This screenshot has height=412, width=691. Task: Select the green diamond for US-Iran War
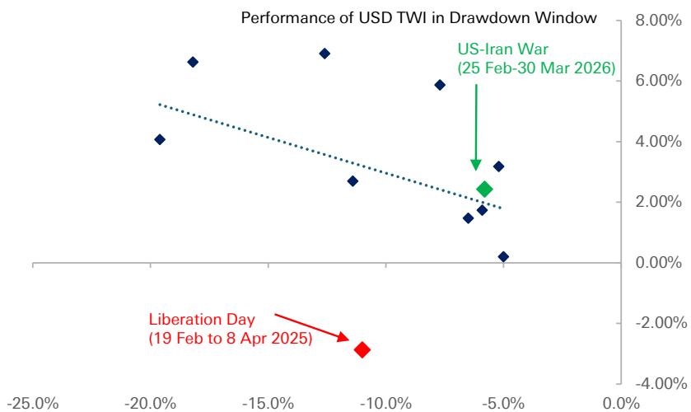click(484, 190)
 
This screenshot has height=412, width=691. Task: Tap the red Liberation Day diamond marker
click(362, 349)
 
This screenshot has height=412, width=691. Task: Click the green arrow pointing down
click(475, 124)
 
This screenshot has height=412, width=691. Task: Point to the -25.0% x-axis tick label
click(33, 403)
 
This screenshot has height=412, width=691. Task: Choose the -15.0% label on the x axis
click(268, 403)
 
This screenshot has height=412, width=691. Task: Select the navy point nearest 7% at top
click(324, 54)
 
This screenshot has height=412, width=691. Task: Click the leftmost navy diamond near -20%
click(160, 139)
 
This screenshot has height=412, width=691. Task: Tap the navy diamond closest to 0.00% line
click(503, 257)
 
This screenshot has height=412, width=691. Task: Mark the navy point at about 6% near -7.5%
click(440, 85)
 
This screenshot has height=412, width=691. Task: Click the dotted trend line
click(329, 157)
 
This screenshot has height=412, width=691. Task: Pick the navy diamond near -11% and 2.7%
click(353, 181)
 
